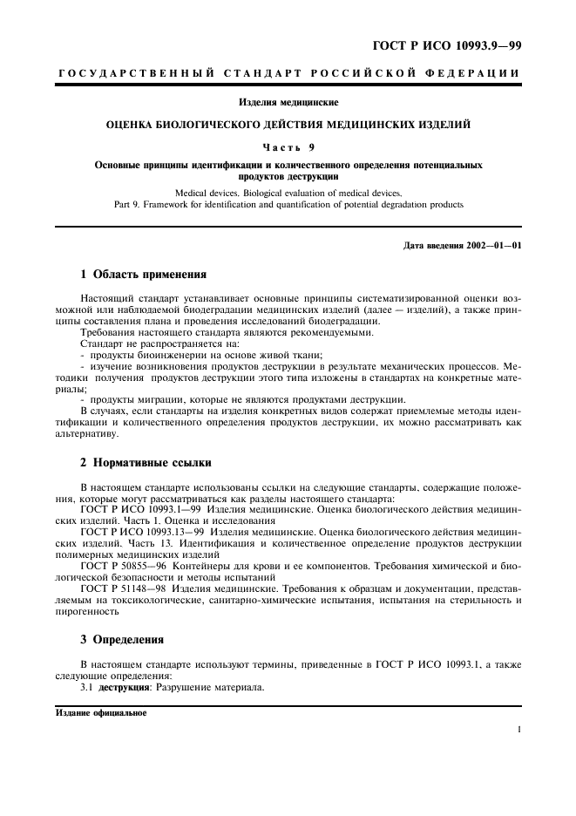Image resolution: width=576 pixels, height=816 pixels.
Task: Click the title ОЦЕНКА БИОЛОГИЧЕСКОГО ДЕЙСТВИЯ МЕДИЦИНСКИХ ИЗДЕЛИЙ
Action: [288, 125]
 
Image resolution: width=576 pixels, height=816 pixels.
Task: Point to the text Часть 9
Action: [288, 146]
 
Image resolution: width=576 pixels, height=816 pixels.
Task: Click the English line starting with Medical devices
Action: [288, 192]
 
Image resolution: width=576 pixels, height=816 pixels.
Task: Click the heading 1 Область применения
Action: [143, 273]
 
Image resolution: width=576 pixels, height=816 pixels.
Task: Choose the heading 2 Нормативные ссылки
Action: [146, 462]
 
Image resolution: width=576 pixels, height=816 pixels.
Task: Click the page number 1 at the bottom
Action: [518, 731]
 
